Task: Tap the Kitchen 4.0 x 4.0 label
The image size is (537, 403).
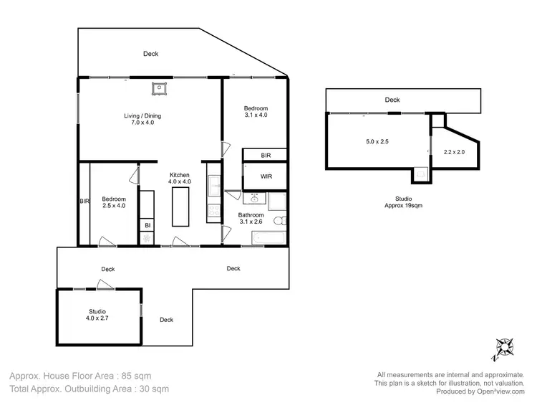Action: [x=180, y=179]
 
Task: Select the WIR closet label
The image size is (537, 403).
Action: [x=266, y=176]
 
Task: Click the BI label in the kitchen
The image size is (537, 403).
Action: [x=147, y=226]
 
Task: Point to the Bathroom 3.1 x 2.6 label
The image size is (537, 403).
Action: [x=251, y=219]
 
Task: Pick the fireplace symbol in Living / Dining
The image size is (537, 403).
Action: [x=158, y=88]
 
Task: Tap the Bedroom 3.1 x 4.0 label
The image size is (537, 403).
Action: [x=256, y=111]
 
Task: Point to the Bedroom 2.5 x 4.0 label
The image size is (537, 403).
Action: [x=113, y=202]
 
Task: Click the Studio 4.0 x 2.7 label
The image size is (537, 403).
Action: [x=97, y=315]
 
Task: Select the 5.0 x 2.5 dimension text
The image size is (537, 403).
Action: [x=377, y=141]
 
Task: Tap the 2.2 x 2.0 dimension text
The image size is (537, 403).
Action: [x=454, y=151]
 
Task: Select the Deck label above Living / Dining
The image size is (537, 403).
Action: [x=150, y=54]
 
